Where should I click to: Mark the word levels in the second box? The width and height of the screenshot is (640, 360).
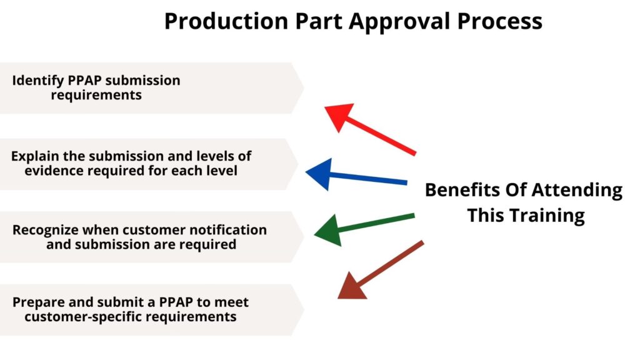pyautogui.click(x=212, y=156)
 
